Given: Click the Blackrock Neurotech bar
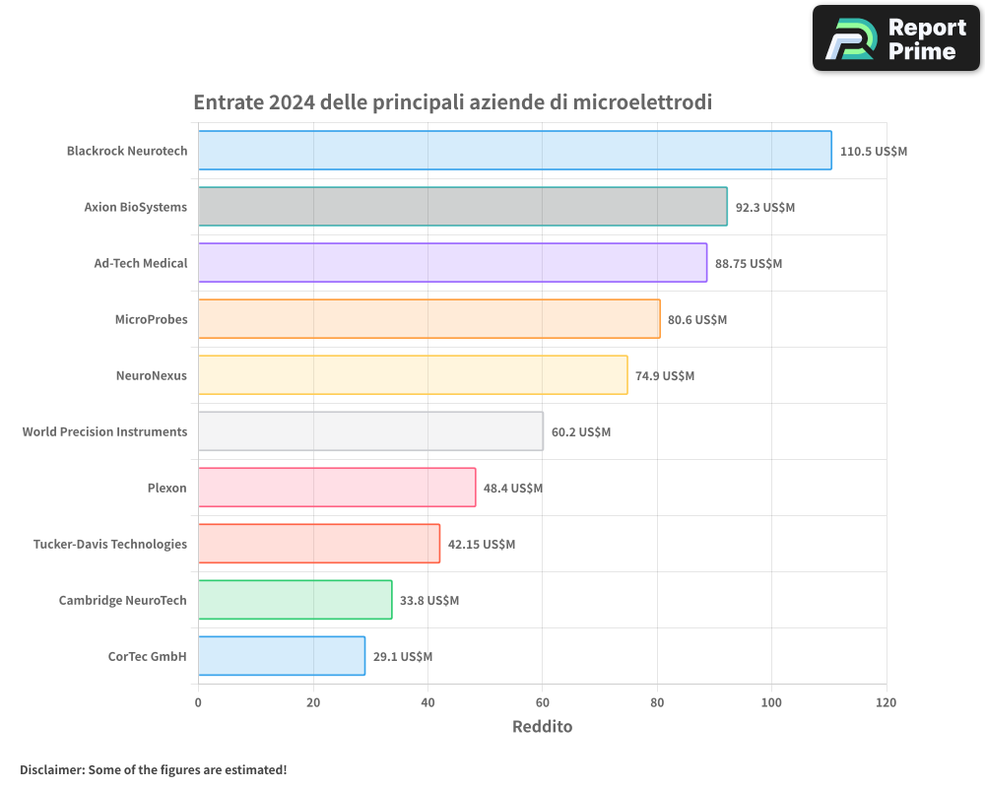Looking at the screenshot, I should pyautogui.click(x=514, y=151).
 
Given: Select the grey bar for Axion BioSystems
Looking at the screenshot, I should pyautogui.click(x=462, y=207).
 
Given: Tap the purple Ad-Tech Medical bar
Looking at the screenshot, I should pyautogui.click(x=452, y=263).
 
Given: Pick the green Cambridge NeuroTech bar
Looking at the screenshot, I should pyautogui.click(x=295, y=600).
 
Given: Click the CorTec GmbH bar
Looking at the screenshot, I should pyautogui.click(x=281, y=656).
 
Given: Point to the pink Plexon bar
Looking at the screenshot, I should pyautogui.click(x=336, y=488).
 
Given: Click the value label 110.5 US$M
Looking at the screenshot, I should pyautogui.click(x=873, y=152).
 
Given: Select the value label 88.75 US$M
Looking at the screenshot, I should pyautogui.click(x=749, y=264).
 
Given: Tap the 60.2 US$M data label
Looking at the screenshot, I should pyautogui.click(x=581, y=432).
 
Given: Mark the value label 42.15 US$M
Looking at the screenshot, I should pyautogui.click(x=482, y=545).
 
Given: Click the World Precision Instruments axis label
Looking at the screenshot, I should pyautogui.click(x=104, y=432).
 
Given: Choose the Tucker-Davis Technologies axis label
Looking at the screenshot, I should pyautogui.click(x=109, y=545).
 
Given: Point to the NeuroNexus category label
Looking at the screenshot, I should pyautogui.click(x=151, y=376).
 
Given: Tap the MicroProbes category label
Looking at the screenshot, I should pyautogui.click(x=151, y=320).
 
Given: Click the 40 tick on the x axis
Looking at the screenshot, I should pyautogui.click(x=427, y=703).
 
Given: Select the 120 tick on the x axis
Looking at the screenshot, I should pyautogui.click(x=886, y=703).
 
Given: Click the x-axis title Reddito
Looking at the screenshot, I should pyautogui.click(x=542, y=727).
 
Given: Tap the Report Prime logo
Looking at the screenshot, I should pyautogui.click(x=895, y=38).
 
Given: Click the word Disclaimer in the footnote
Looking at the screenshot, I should pyautogui.click(x=50, y=770).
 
